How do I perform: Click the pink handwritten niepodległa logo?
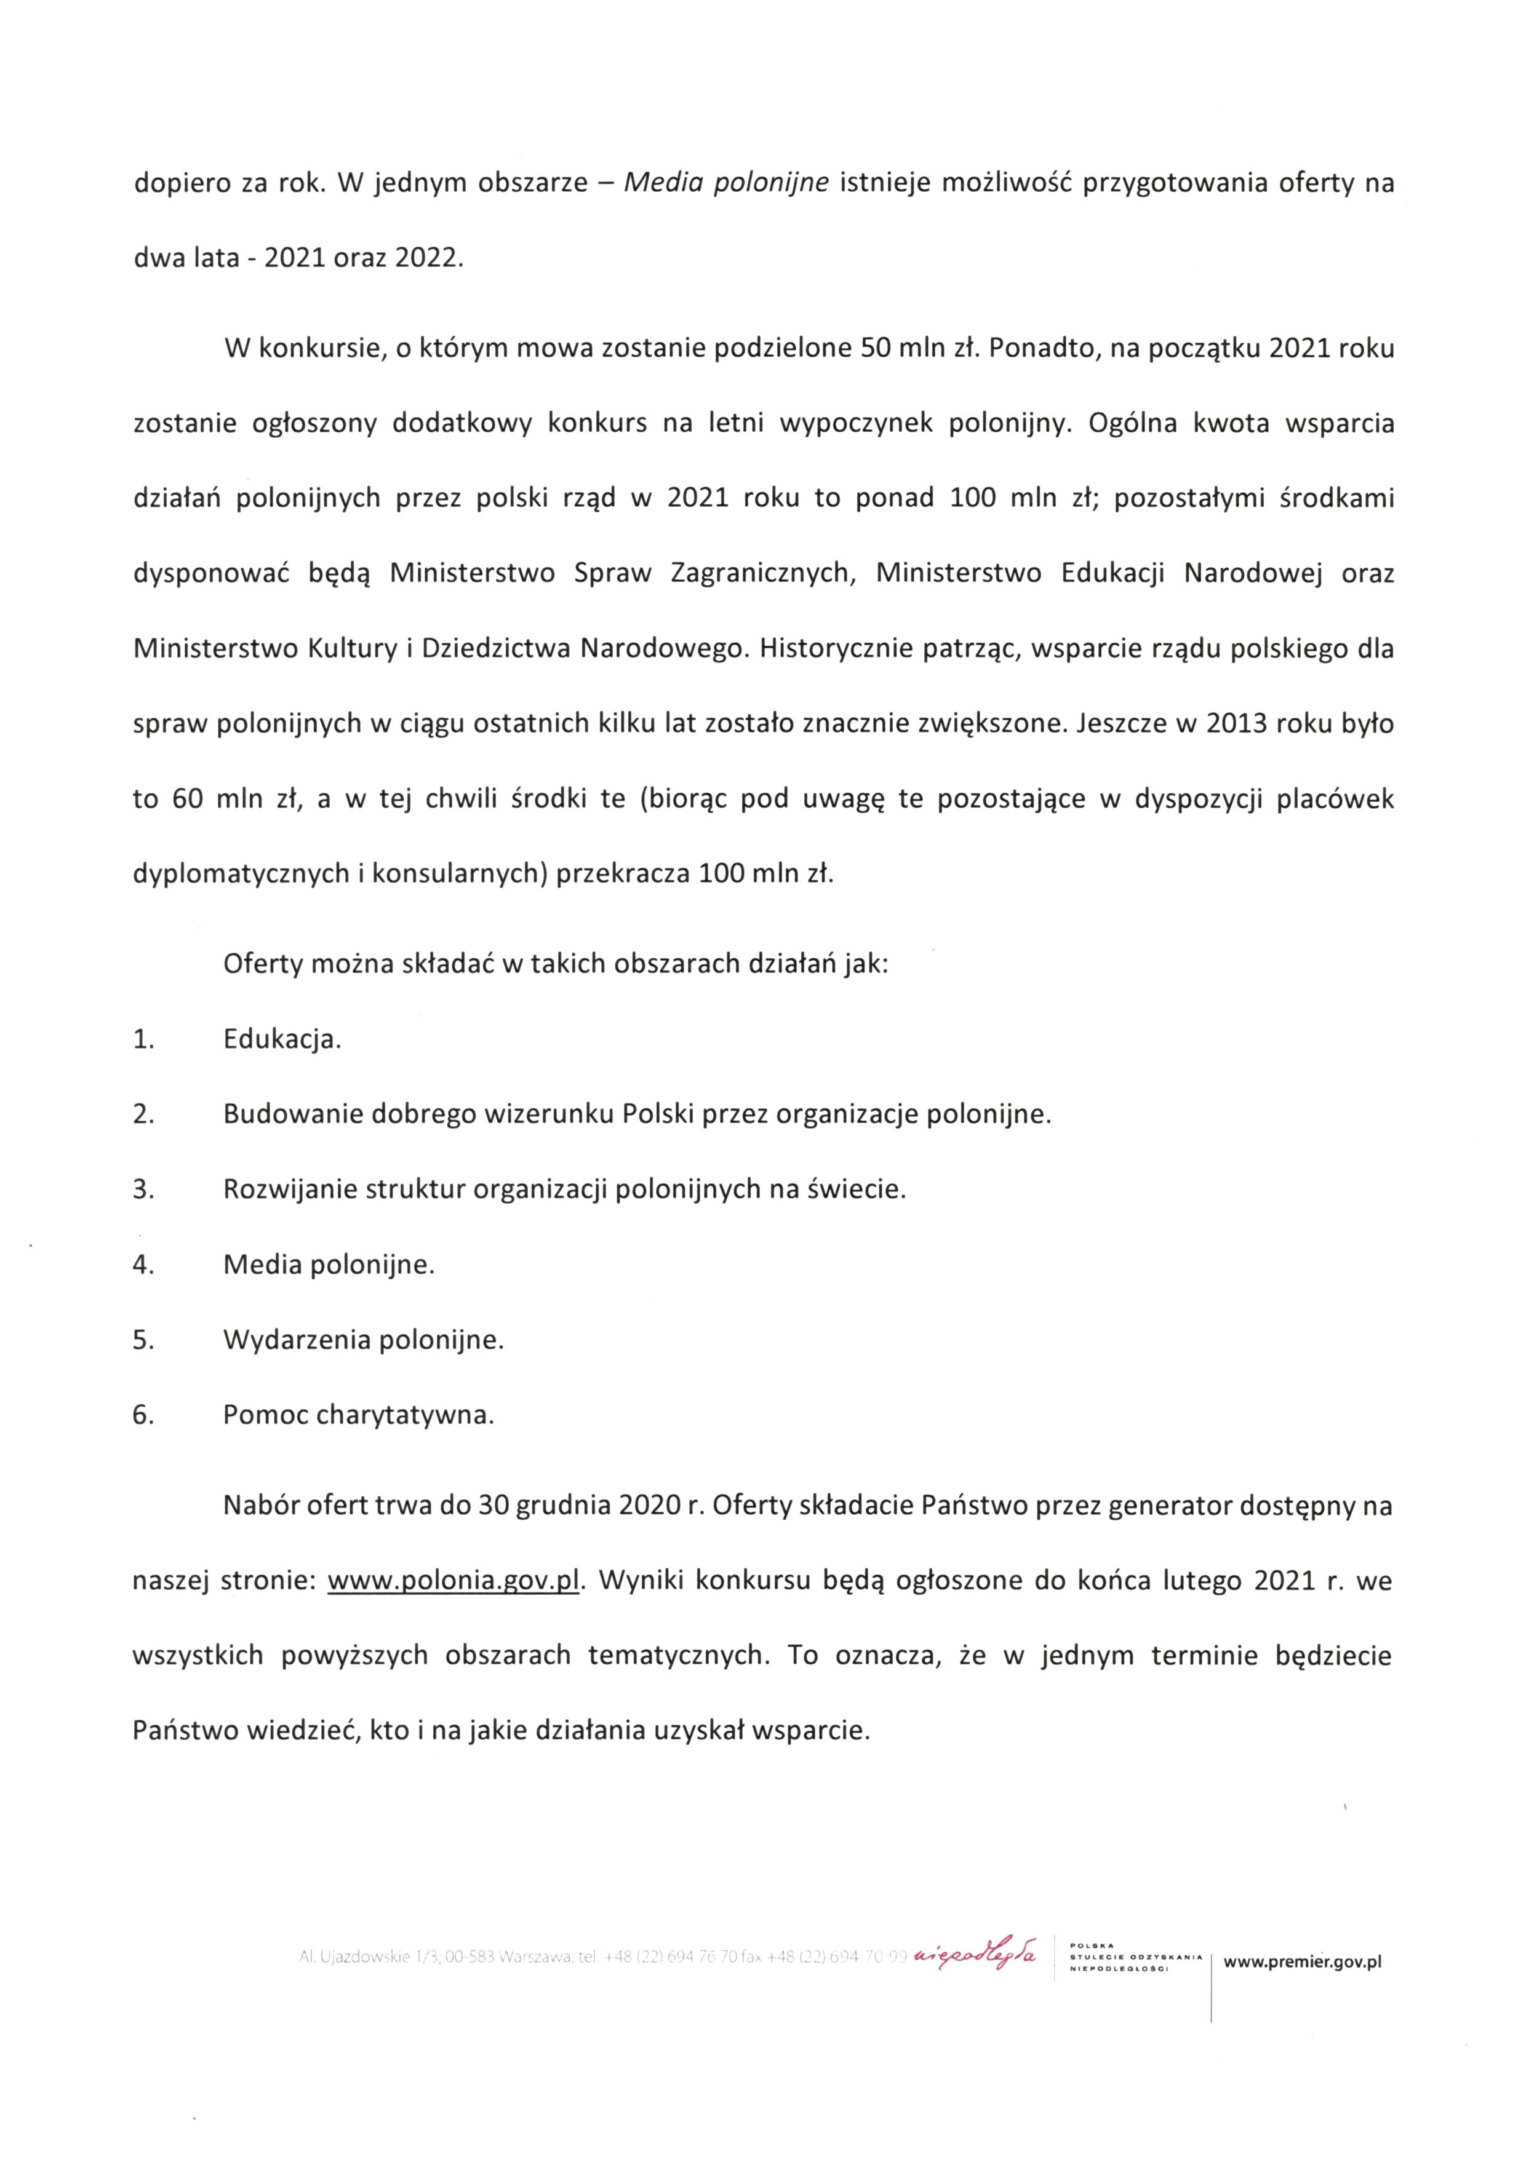977,1954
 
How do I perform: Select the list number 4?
143,1265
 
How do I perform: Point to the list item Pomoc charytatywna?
358,1415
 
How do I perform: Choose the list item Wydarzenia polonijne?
362,1340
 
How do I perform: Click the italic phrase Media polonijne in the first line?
725,182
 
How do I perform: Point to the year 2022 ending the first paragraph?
428,258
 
